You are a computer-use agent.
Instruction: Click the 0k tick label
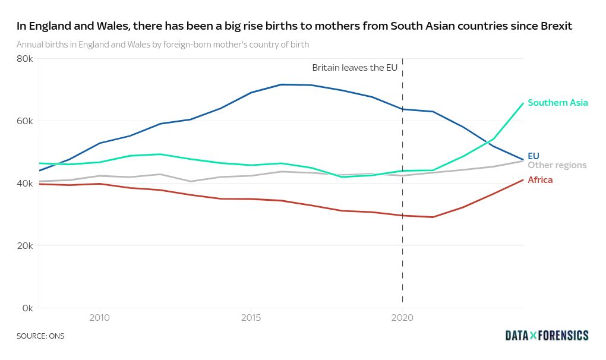(x=27, y=308)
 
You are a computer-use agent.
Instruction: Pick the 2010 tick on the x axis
(x=99, y=318)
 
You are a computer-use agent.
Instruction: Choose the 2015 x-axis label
(x=251, y=318)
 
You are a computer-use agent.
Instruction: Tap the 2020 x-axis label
(x=402, y=318)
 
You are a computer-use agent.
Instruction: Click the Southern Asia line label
(x=557, y=103)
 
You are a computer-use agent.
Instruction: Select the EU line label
(x=533, y=156)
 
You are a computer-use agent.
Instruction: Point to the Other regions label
(x=557, y=165)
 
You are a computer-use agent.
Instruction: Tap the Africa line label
(x=540, y=180)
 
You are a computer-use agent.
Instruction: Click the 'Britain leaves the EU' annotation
(x=355, y=68)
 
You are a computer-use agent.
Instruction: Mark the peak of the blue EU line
(x=282, y=84)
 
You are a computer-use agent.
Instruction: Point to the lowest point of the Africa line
(x=433, y=217)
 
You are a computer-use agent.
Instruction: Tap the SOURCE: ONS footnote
(x=40, y=336)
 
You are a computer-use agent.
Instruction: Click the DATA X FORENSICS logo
(x=547, y=336)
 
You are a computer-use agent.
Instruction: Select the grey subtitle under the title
(x=163, y=45)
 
